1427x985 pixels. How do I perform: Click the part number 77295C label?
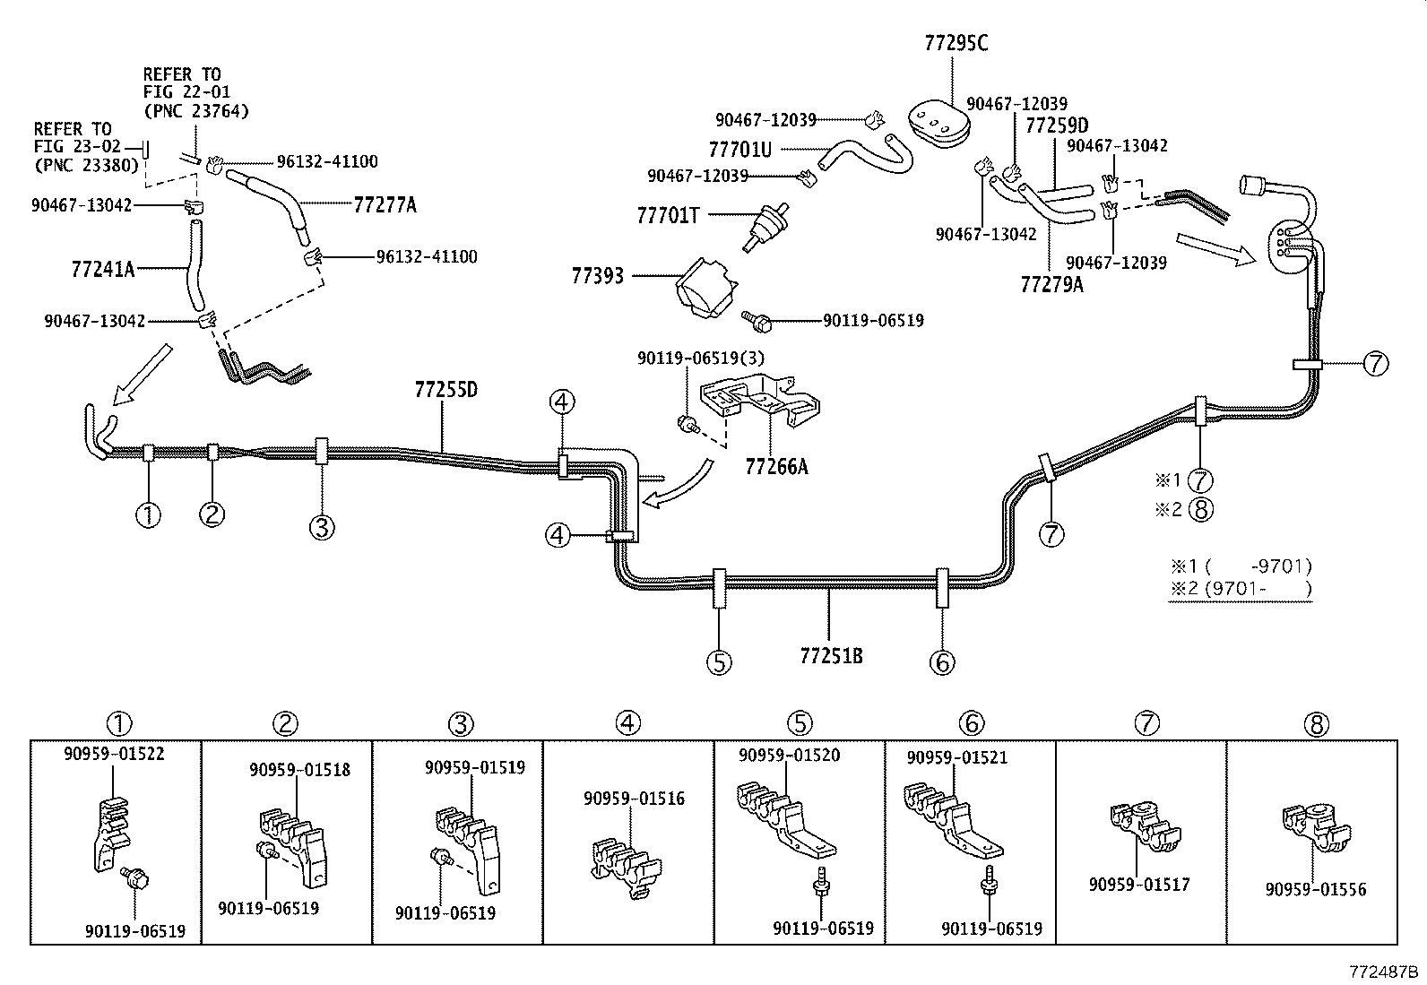[956, 43]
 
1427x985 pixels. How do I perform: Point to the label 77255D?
[445, 390]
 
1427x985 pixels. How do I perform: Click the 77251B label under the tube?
[831, 655]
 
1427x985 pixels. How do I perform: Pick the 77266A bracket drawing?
[763, 404]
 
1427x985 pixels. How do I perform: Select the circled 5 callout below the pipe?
[719, 662]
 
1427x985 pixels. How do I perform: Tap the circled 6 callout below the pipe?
[942, 662]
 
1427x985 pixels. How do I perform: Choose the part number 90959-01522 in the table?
[114, 754]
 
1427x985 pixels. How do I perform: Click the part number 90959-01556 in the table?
[1316, 889]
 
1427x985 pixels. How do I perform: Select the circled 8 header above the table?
[1317, 723]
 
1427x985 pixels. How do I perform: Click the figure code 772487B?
[1385, 972]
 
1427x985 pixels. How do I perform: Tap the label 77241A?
[102, 269]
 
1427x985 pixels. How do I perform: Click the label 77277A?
[385, 205]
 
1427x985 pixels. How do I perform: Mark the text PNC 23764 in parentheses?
[195, 111]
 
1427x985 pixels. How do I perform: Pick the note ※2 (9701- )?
[1240, 589]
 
